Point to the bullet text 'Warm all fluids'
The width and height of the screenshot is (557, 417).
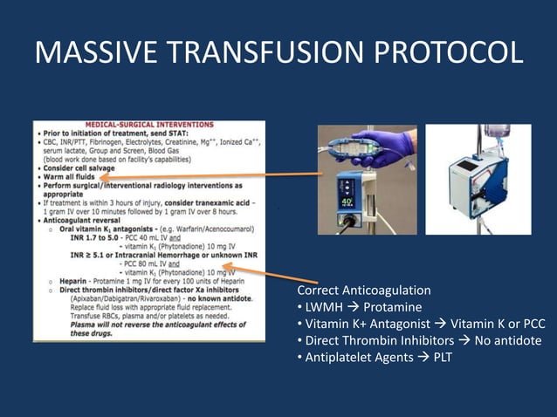click(x=68, y=176)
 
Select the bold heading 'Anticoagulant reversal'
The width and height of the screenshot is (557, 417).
click(x=84, y=221)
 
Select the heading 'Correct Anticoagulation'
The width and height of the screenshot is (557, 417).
click(x=363, y=290)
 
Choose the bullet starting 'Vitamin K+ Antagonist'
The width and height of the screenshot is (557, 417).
click(x=419, y=324)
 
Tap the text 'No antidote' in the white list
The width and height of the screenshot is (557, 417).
click(x=509, y=340)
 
